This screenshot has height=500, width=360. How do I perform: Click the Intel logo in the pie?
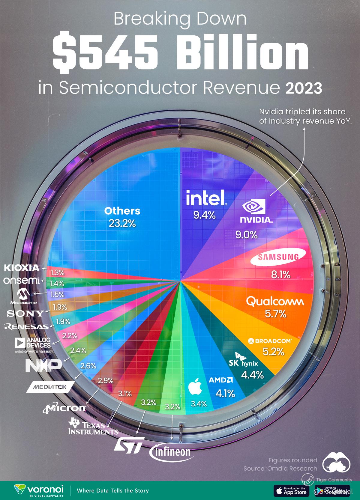pyautogui.click(x=205, y=197)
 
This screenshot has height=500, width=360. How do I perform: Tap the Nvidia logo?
pyautogui.click(x=257, y=211)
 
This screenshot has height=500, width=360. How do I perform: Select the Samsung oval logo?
pyautogui.click(x=279, y=257)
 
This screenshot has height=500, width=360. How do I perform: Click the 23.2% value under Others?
pyautogui.click(x=122, y=223)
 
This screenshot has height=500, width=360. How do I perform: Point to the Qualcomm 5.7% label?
pyautogui.click(x=275, y=314)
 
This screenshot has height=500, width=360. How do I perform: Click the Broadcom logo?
pyautogui.click(x=270, y=341)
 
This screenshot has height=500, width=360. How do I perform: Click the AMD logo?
pyautogui.click(x=221, y=380)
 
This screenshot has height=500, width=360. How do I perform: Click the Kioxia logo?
pyautogui.click(x=22, y=268)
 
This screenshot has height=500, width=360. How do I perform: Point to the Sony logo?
pyautogui.click(x=25, y=314)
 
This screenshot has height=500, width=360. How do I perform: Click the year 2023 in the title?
pyautogui.click(x=304, y=89)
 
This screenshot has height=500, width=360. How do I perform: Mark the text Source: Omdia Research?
pyautogui.click(x=280, y=468)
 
